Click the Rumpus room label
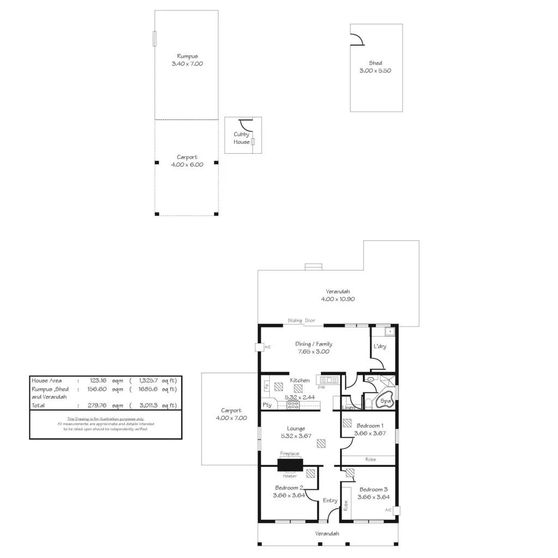[x=187, y=56]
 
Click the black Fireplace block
[x=290, y=465]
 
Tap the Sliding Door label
[x=301, y=321]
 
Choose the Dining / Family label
[x=313, y=344]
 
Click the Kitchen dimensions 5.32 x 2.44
[x=300, y=398]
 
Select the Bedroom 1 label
[x=370, y=426]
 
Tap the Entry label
[x=330, y=501]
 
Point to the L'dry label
[x=380, y=347]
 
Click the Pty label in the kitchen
[x=267, y=405]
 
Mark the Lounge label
[x=296, y=428]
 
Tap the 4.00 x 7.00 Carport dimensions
[x=231, y=418]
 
